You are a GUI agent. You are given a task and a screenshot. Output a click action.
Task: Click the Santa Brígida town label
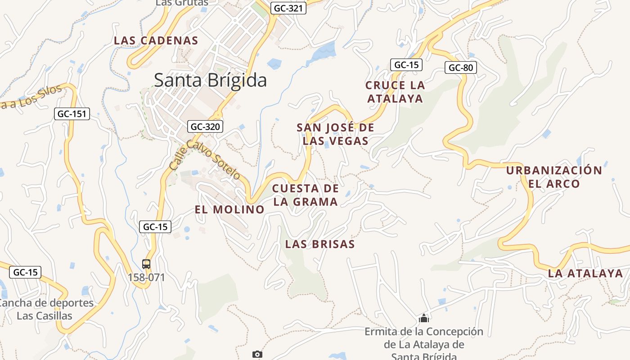coord(210,80)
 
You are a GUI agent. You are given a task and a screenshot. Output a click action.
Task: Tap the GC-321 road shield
coord(288,8)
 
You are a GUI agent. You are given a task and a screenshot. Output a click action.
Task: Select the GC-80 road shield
coord(461,67)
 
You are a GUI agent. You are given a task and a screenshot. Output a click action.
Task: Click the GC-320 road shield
coord(205,126)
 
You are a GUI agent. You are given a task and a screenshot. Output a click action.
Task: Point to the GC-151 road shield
coord(72,114)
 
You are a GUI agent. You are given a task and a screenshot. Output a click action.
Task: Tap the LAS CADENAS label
coord(156,40)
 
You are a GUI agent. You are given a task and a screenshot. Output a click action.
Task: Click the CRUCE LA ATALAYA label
coord(395,92)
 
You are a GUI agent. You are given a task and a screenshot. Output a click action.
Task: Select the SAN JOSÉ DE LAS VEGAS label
coord(335,134)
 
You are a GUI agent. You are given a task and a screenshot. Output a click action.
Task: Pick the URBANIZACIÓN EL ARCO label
coord(553,177)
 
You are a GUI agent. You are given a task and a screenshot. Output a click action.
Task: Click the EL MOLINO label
coord(229,209)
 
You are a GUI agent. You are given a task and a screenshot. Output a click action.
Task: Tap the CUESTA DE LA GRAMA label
coord(306,195)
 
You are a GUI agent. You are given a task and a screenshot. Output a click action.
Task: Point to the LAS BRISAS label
coord(320,244)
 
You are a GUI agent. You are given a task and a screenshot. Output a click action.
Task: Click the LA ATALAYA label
coord(585,273)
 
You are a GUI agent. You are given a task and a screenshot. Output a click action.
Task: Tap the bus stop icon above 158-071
coord(146,264)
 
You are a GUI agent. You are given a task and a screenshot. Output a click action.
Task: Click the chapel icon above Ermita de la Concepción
coord(423,319)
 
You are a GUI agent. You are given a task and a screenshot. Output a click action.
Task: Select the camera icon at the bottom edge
coord(257,355)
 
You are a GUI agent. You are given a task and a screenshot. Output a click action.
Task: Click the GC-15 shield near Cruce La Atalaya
coord(406,65)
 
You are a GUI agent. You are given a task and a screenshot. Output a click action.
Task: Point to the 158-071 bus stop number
coord(146,277)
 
